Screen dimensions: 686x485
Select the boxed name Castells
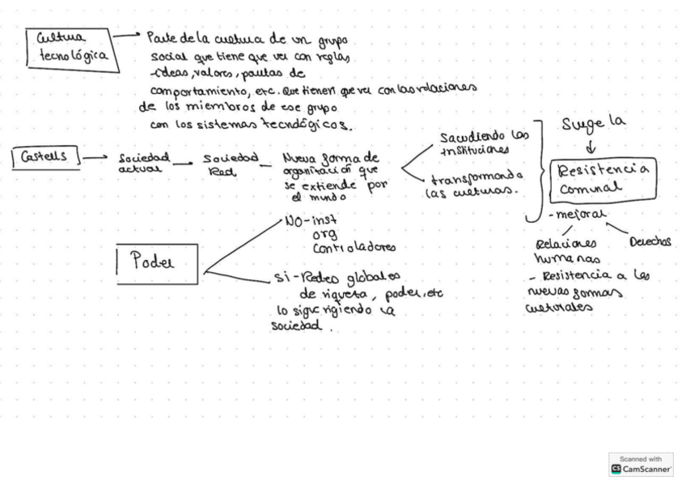pos(47,156)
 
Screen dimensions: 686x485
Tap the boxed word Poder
pos(157,263)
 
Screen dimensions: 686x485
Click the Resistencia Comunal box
pos(603,179)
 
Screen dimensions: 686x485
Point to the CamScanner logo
pos(641,465)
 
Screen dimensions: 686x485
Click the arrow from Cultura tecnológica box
pos(126,36)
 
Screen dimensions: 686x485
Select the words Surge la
pos(594,124)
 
